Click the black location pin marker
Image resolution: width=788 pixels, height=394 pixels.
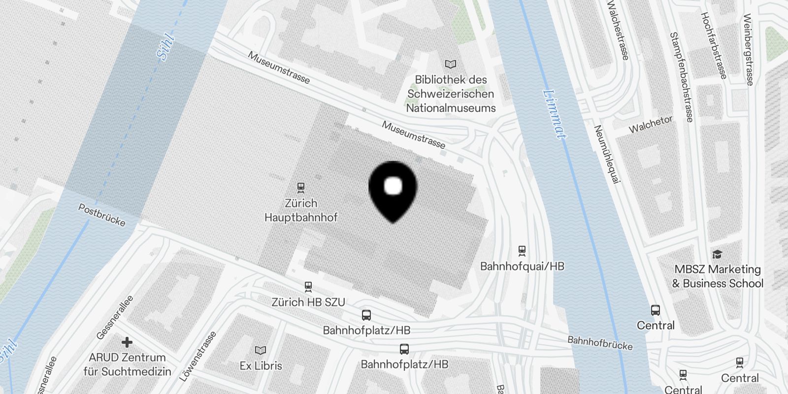(393, 190)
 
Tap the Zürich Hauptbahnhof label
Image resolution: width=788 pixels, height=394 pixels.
(301, 210)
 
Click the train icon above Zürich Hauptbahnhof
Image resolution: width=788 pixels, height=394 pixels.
(301, 188)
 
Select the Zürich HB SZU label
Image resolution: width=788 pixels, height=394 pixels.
(308, 302)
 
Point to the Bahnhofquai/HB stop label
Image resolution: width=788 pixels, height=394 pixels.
(522, 266)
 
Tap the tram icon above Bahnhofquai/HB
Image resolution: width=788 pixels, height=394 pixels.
(522, 251)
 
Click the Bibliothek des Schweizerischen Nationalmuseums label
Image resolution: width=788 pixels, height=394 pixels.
(451, 94)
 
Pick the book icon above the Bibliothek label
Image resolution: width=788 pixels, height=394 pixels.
(451, 64)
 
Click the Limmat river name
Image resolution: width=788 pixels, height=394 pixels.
(555, 113)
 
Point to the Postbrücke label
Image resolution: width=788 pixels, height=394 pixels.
(102, 215)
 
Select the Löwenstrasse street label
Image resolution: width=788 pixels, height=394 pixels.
(198, 357)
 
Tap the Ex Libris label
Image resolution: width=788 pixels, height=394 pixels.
(261, 366)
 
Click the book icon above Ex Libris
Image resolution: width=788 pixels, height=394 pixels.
(261, 350)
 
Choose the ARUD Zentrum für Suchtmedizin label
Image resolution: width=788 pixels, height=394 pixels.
(127, 364)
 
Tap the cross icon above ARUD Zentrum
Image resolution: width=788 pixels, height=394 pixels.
(127, 342)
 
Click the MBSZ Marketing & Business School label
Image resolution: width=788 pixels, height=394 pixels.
(718, 276)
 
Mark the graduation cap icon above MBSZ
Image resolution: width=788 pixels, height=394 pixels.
(717, 254)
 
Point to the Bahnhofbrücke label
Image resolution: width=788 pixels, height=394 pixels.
(600, 343)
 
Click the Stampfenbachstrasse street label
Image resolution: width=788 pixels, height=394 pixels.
(682, 77)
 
